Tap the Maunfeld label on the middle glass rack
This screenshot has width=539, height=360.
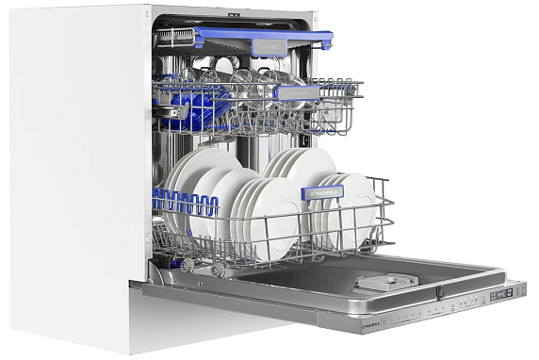tap(296, 92)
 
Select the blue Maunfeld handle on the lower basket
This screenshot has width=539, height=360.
tap(322, 192)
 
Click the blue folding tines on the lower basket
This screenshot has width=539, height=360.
tap(185, 201)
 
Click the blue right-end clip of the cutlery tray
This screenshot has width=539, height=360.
tap(325, 41)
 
